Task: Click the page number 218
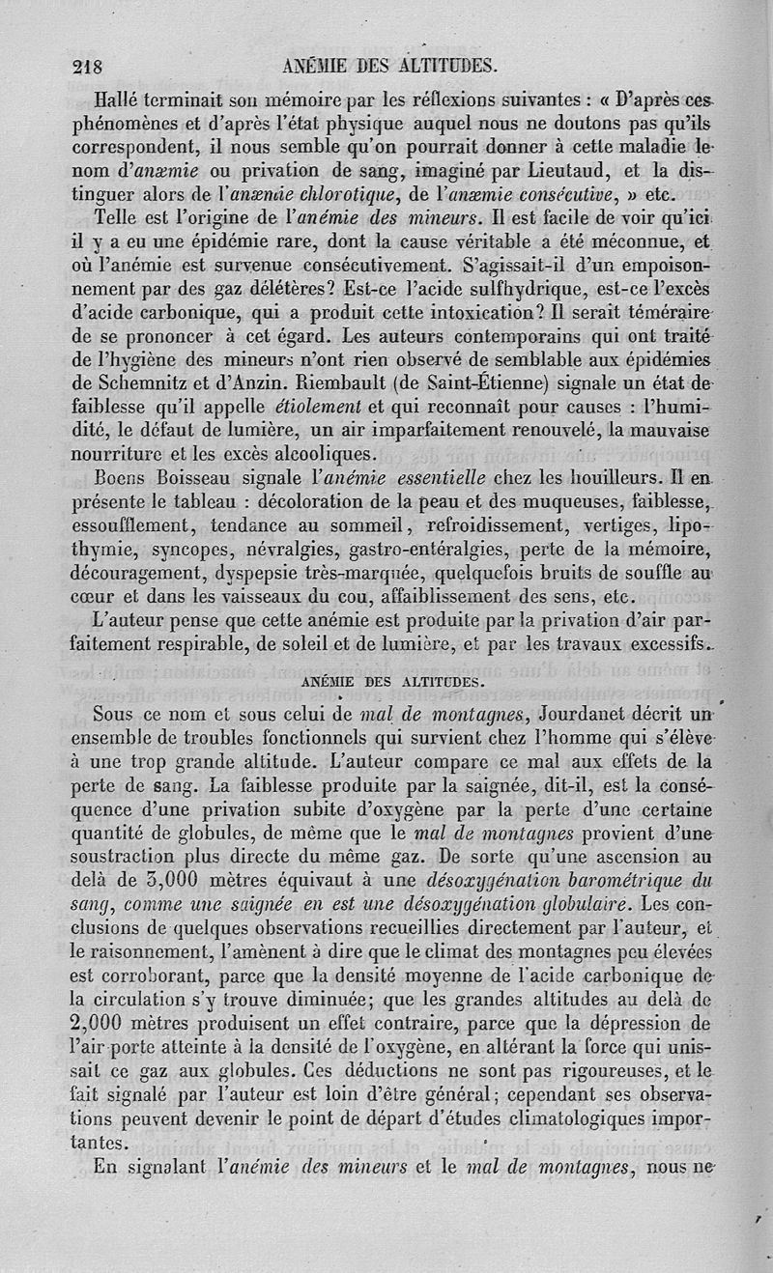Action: pos(93,67)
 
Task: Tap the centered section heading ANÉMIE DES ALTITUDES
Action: pos(390,681)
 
